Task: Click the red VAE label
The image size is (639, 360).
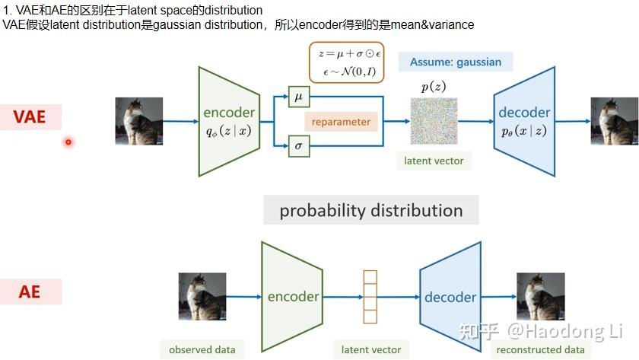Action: pos(30,116)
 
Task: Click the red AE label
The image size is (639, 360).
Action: pos(30,292)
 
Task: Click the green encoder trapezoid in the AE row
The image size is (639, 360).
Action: pos(292,296)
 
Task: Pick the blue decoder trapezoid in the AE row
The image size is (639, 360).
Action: pos(450,296)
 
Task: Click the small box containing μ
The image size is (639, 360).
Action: pos(299,97)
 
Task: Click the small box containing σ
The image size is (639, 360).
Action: pos(299,146)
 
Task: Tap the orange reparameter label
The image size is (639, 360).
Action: pos(341,122)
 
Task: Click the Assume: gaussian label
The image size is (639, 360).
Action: pos(456,62)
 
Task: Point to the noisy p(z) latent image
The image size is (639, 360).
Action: pos(434,121)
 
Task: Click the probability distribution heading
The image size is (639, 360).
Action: pos(371,210)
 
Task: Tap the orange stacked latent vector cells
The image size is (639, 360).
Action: pos(370,297)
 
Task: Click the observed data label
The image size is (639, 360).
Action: pos(202,349)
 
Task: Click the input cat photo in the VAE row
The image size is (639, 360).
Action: pos(138,121)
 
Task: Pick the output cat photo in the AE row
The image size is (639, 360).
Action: pos(541,296)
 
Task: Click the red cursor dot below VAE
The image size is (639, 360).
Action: pos(68,142)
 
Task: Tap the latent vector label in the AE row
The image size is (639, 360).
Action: pos(371,349)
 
